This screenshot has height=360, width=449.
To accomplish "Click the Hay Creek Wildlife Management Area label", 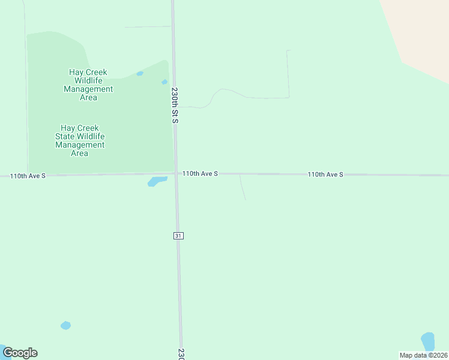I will click(x=88, y=85).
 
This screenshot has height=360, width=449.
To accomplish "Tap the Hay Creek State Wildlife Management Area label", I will click(x=80, y=140).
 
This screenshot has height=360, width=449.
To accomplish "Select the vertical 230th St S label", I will click(x=175, y=105).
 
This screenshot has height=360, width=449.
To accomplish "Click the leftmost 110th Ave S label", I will click(x=28, y=176).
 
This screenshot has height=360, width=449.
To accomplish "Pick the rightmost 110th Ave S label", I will click(x=325, y=174).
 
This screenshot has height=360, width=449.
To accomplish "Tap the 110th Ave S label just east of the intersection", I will click(x=200, y=173).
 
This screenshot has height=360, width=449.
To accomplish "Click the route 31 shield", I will click(x=178, y=236).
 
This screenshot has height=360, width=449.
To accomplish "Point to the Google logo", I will click(x=20, y=353).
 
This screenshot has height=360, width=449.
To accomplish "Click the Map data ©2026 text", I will click(x=424, y=355).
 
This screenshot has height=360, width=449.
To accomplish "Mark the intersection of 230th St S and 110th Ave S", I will click(x=176, y=174).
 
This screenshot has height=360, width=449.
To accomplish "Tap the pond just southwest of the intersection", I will click(x=157, y=181).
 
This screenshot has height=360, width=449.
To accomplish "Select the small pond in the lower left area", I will click(x=65, y=325).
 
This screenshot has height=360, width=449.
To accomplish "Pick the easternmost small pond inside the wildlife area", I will click(x=164, y=82).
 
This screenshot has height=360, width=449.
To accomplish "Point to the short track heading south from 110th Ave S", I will click(x=243, y=188).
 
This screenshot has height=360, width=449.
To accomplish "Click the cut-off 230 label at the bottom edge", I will click(x=181, y=354).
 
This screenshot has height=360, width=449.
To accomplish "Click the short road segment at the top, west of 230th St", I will click(x=148, y=26).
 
